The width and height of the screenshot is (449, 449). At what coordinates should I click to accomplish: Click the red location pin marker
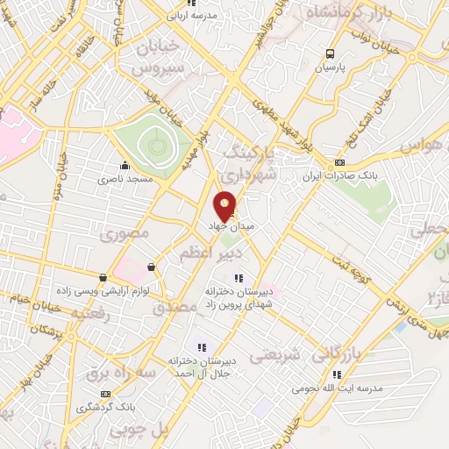(225, 206)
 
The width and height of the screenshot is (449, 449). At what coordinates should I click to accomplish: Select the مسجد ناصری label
(125, 178)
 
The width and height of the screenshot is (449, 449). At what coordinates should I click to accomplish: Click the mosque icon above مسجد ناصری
(125, 165)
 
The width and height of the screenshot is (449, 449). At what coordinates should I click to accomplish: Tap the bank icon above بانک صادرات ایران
(339, 162)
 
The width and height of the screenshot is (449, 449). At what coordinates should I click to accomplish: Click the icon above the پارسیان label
(330, 53)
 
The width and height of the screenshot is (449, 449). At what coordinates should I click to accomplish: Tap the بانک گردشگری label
(105, 408)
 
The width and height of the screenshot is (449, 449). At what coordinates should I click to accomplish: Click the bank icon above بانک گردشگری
(106, 395)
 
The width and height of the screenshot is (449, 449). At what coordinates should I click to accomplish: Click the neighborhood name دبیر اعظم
(203, 253)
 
